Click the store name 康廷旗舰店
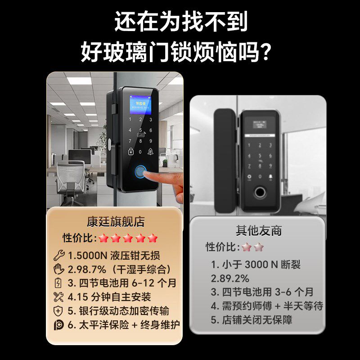pyautogui.click(x=116, y=222)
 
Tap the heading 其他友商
pyautogui.click(x=259, y=230)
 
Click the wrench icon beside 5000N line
pyautogui.click(x=59, y=256)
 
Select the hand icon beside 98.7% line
pyautogui.click(x=59, y=269)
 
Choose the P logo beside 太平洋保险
pyautogui.click(x=59, y=324)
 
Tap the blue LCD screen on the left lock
pyautogui.click(x=140, y=103)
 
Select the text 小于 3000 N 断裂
pyautogui.click(x=256, y=265)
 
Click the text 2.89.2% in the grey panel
pyautogui.click(x=230, y=278)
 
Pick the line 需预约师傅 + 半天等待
pyautogui.click(x=267, y=306)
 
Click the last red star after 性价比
pyautogui.click(x=153, y=238)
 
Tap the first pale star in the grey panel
pyautogui.click(x=246, y=247)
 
